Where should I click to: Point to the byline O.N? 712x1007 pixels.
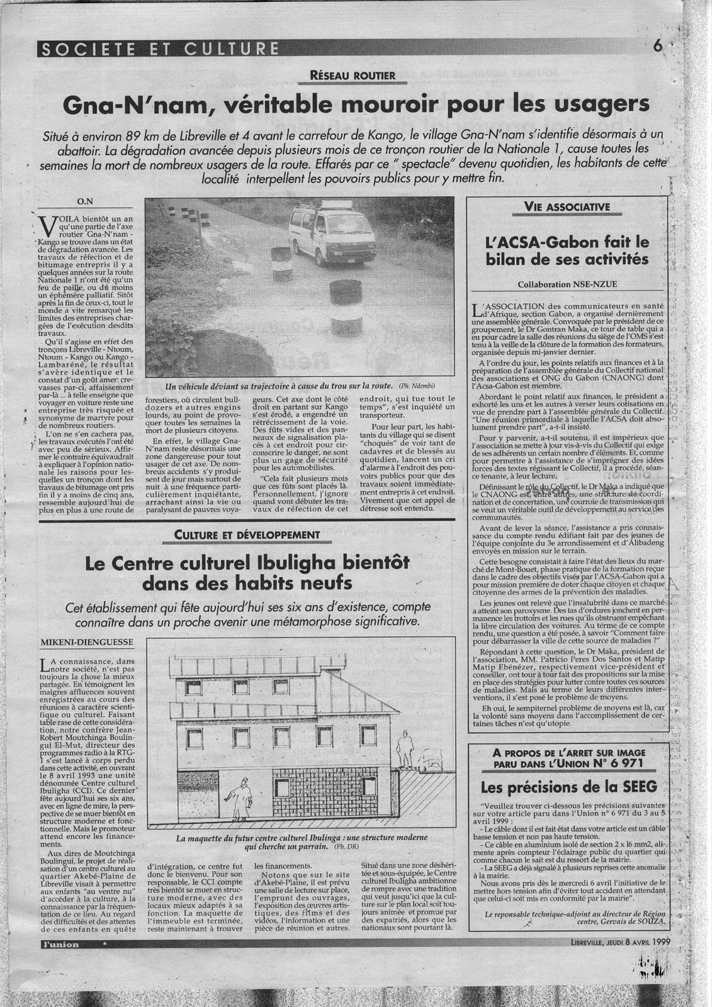(x=84, y=202)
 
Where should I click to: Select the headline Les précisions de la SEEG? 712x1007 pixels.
(x=568, y=786)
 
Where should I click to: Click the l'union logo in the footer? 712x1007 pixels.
(x=58, y=945)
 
